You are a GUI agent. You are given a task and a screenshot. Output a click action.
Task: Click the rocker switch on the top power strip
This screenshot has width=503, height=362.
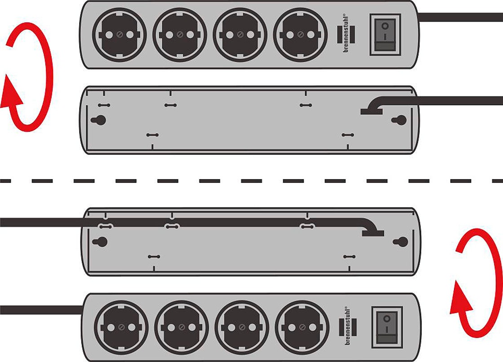point(385,35)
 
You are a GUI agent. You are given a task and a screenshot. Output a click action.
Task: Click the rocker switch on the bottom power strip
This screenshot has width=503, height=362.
point(387,327)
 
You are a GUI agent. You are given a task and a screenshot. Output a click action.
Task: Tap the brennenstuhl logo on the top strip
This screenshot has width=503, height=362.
point(346,34)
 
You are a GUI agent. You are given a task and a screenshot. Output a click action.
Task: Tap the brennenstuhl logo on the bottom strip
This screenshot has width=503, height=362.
point(348,327)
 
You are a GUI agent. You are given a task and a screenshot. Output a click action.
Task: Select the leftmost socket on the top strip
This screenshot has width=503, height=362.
point(119,35)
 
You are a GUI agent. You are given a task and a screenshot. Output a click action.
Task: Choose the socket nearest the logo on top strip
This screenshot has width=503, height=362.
point(300,35)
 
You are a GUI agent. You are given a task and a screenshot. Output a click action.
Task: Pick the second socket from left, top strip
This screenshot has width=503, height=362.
point(180,35)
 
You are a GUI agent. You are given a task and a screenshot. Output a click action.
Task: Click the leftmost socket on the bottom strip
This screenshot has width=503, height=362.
point(121,327)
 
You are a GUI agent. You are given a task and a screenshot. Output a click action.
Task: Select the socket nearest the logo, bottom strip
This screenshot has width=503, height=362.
point(302,327)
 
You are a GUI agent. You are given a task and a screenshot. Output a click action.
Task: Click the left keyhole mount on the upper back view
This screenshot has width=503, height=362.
point(98,120)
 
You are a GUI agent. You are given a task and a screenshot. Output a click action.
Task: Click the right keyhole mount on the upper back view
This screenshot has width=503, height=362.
point(399,120)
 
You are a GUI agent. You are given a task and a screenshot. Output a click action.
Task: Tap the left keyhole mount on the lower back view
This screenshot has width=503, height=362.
point(100,242)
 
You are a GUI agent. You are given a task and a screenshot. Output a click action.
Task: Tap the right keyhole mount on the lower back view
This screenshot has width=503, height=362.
point(401,242)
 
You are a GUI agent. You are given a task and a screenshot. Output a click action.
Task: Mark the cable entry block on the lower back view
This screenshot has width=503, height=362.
point(373,233)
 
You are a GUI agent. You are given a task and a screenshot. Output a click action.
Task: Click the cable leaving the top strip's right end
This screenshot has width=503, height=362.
point(460,18)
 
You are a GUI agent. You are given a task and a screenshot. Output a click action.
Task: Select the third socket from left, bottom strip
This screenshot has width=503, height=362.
point(242,327)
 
